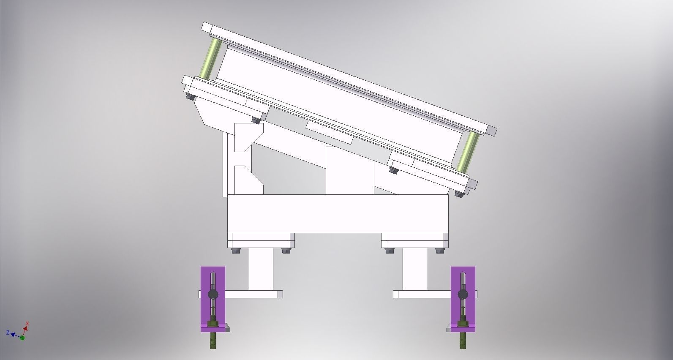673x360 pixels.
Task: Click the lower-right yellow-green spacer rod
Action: point(469,152)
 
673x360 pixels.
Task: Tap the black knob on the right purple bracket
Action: point(463,294)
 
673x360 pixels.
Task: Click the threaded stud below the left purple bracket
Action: point(213,341)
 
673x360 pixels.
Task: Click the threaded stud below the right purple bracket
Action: point(463,341)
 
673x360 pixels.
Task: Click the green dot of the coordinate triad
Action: point(22,338)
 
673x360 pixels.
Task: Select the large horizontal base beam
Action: point(338,213)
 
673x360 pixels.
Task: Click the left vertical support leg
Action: point(261,269)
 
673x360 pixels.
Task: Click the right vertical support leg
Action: point(414,269)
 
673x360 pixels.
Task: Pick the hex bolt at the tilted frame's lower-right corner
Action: point(459,194)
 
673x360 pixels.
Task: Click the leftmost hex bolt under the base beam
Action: point(235,251)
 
